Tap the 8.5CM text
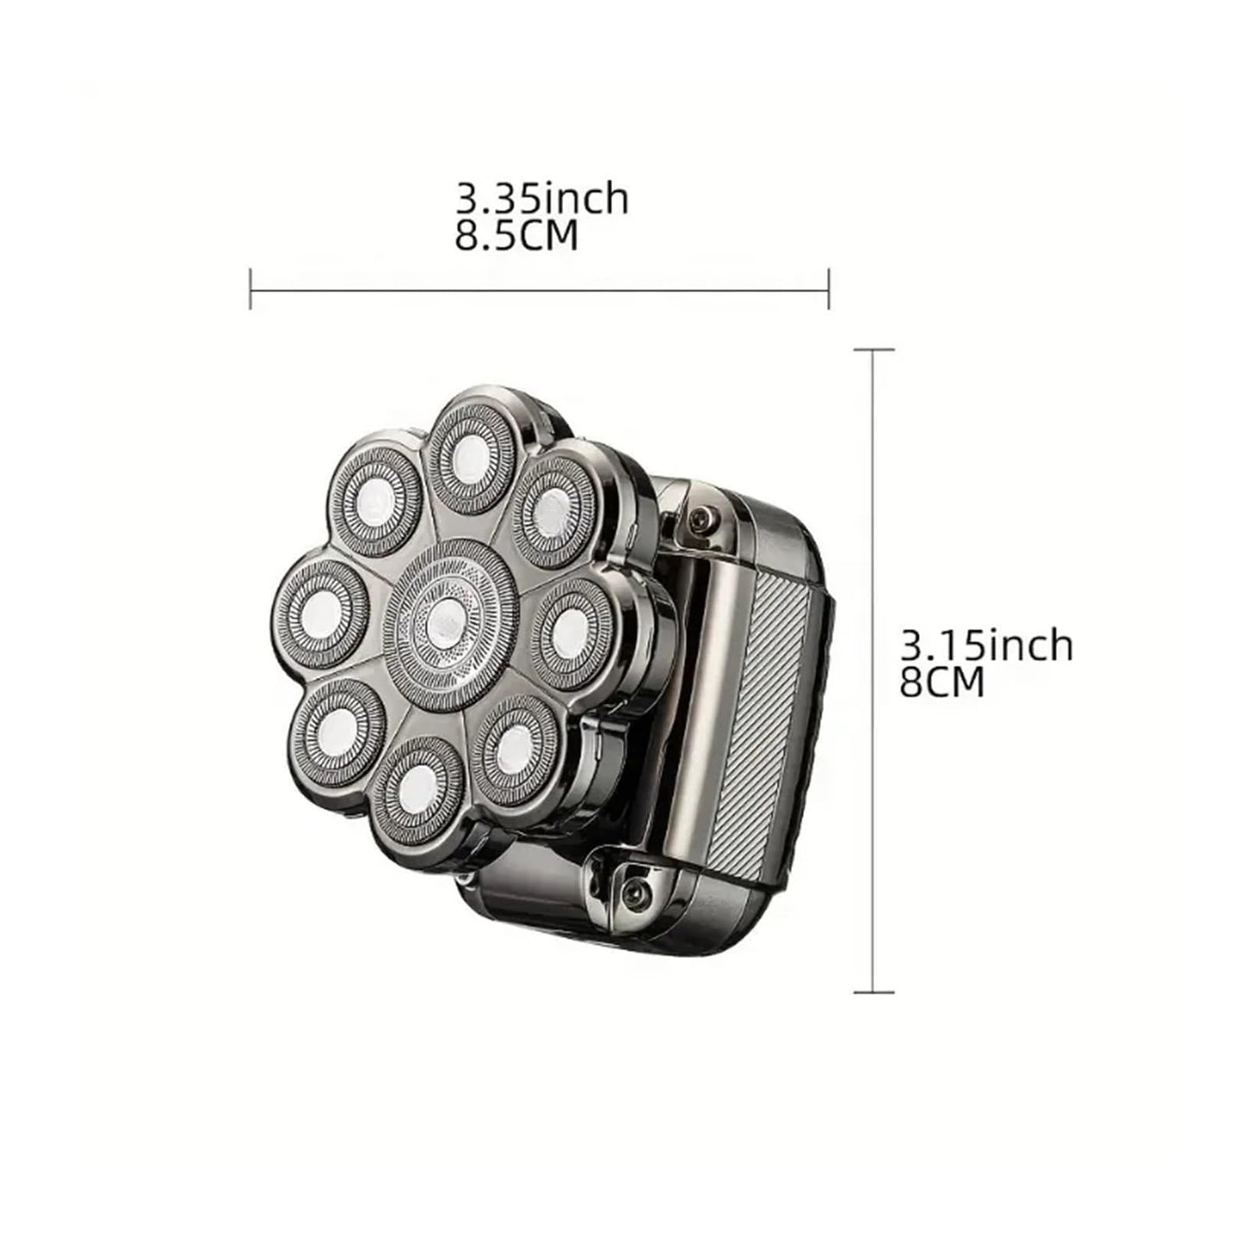click(516, 237)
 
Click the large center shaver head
click(451, 625)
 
